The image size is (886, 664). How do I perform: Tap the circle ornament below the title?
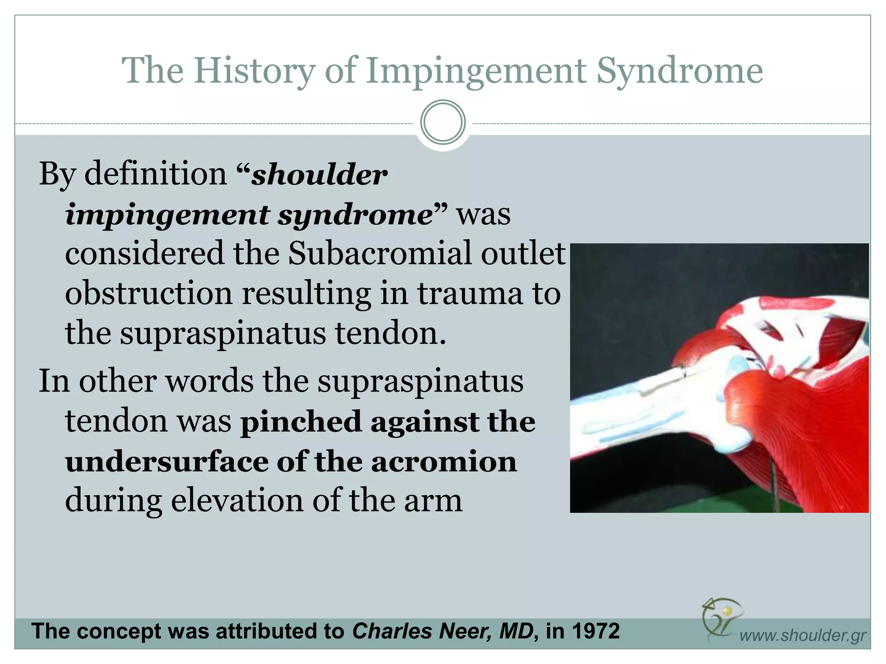tap(443, 122)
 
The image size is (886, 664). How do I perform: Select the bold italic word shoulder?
tap(319, 175)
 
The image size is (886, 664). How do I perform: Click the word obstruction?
tap(148, 294)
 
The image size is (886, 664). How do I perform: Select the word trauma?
tap(469, 294)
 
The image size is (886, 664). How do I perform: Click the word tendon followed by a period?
tap(389, 334)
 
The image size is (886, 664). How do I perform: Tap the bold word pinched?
tap(301, 422)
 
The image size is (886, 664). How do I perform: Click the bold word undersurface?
tap(167, 462)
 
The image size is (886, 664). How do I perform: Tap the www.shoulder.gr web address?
tap(802, 635)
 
